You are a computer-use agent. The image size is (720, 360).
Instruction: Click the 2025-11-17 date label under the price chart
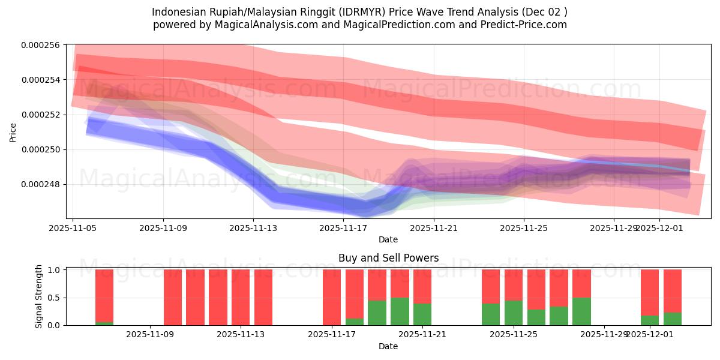click(x=343, y=228)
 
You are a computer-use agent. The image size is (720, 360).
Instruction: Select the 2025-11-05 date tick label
click(x=73, y=228)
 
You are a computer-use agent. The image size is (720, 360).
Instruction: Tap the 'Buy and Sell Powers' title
click(x=388, y=258)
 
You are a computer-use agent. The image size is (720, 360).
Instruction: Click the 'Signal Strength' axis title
click(x=39, y=296)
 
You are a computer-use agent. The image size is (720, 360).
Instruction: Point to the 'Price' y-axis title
click(x=13, y=132)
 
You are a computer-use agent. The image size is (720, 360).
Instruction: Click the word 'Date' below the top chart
click(x=388, y=239)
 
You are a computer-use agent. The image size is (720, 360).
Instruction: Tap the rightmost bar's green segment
click(x=673, y=319)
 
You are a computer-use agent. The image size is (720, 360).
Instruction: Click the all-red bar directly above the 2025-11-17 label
click(x=332, y=297)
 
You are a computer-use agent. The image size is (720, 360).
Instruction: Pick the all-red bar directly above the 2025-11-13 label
click(x=241, y=297)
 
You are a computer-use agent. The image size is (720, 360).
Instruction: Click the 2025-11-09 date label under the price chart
click(x=163, y=228)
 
